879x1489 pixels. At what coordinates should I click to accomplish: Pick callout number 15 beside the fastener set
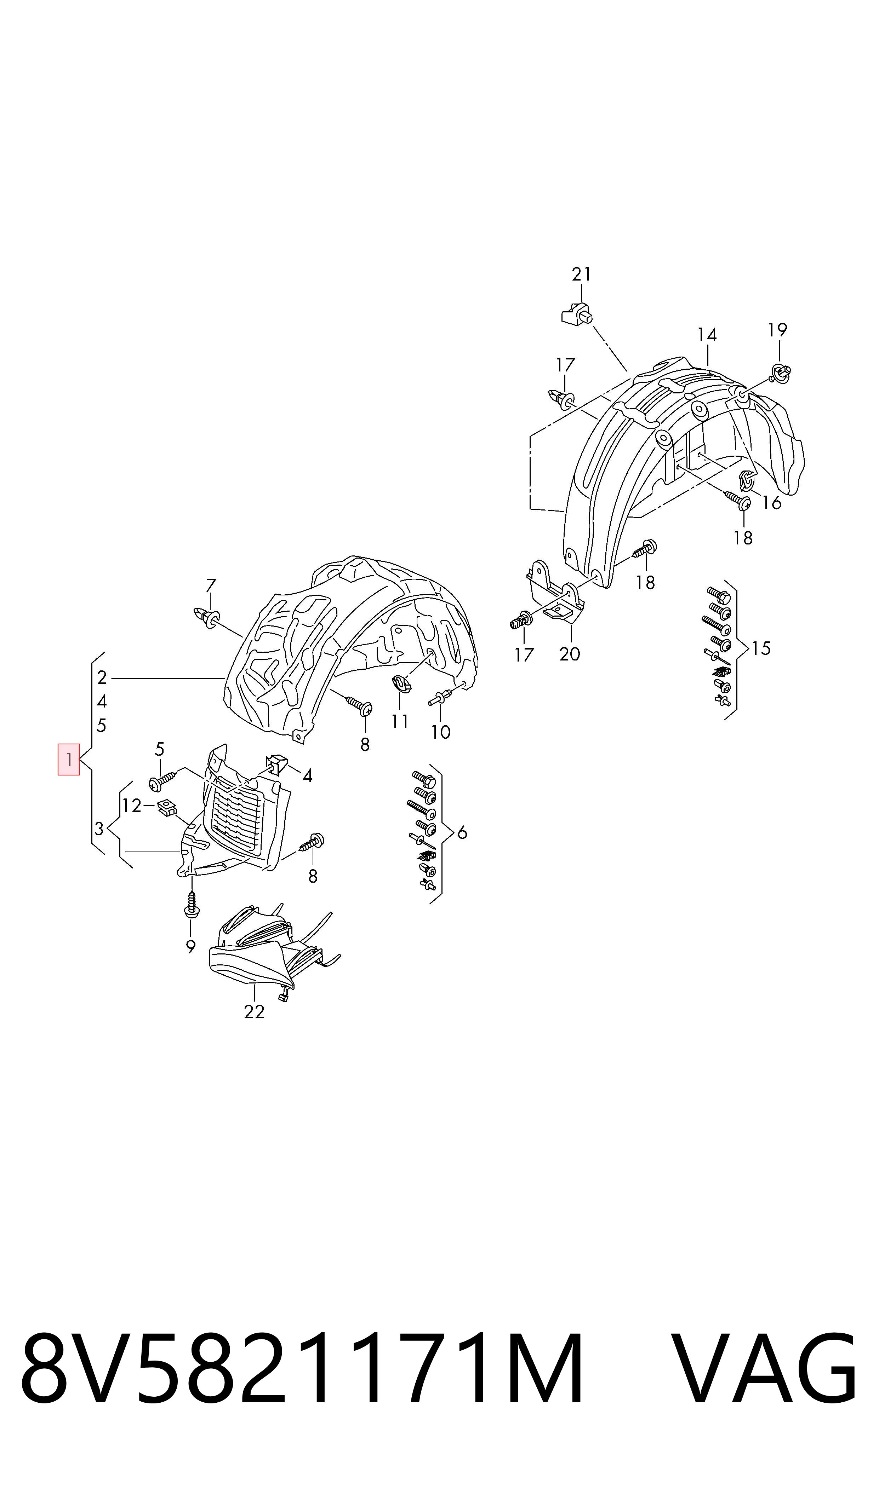click(x=761, y=648)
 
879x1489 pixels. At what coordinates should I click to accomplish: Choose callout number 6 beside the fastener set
click(x=462, y=833)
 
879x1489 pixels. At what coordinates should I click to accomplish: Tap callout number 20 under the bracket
click(x=570, y=654)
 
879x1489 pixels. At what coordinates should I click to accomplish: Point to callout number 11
click(x=400, y=721)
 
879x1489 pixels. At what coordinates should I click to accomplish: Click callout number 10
click(x=441, y=733)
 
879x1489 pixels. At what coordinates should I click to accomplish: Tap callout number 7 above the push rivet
click(x=211, y=585)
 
